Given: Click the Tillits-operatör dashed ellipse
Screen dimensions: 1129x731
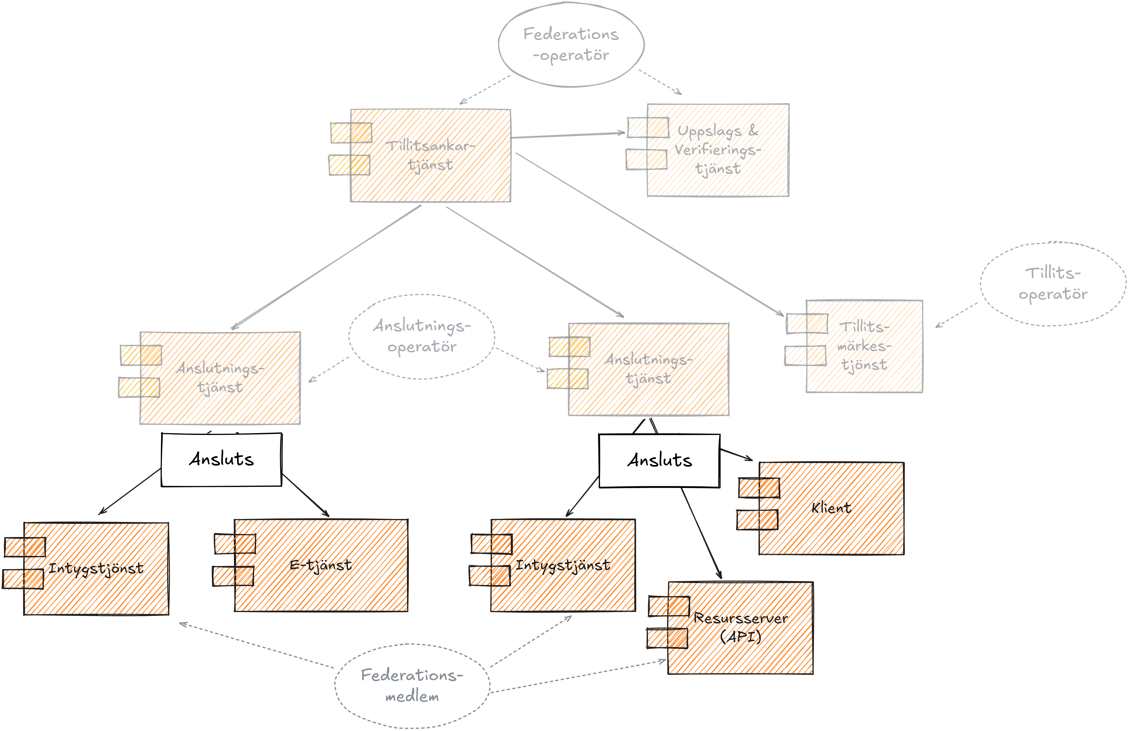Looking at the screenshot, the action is coord(1053,284).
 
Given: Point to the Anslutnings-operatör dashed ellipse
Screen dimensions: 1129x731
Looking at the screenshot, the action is coord(422,336).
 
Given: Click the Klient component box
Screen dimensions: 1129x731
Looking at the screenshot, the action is coord(831,508).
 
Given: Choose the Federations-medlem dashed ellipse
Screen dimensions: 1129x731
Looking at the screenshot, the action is coord(412,686).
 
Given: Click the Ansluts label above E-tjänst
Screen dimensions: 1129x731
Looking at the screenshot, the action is coord(222,459).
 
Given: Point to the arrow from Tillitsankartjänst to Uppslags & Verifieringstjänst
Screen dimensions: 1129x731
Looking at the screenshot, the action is coord(568,135).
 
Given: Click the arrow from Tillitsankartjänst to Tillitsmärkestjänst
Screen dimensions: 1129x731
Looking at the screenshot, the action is coord(649,234).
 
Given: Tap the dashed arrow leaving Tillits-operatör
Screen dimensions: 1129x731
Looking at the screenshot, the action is coord(956,315).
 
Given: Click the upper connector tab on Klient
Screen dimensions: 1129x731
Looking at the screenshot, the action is coord(759,488).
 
